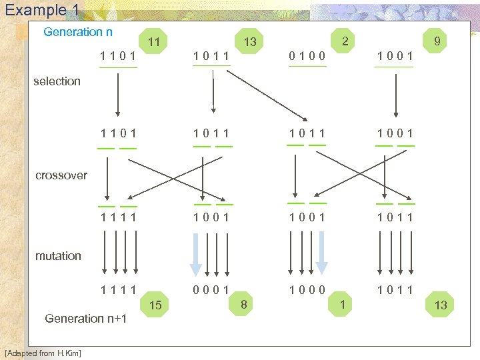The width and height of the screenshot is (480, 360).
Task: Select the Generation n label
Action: pyautogui.click(x=78, y=32)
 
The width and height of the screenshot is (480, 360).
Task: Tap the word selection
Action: pyautogui.click(x=57, y=81)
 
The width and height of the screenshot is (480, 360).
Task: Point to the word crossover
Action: pyautogui.click(x=61, y=175)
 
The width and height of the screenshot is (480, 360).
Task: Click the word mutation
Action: pyautogui.click(x=58, y=256)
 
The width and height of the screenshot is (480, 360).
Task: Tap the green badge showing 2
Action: pyautogui.click(x=345, y=41)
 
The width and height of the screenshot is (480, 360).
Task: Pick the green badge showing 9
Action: pyautogui.click(x=437, y=42)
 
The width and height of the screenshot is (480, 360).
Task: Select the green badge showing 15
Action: pyautogui.click(x=155, y=305)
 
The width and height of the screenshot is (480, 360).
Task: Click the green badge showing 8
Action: pyautogui.click(x=245, y=305)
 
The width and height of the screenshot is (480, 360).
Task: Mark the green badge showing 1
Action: pyautogui.click(x=342, y=305)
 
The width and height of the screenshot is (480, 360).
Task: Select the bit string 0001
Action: pyautogui.click(x=211, y=290)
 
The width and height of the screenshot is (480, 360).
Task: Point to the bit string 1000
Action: pyautogui.click(x=307, y=290)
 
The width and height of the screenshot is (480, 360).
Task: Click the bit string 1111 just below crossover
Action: pyautogui.click(x=119, y=217)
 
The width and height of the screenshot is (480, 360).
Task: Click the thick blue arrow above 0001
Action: pyautogui.click(x=195, y=254)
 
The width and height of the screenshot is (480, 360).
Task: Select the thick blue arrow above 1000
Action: pyautogui.click(x=322, y=254)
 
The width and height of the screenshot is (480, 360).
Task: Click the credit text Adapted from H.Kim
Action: pyautogui.click(x=42, y=353)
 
